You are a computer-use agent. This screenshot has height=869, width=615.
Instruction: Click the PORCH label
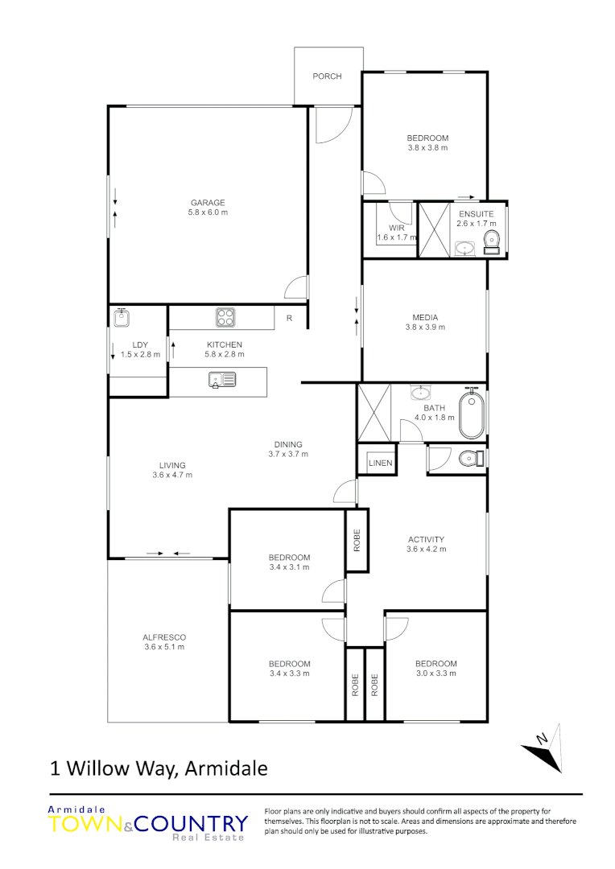pos(327,76)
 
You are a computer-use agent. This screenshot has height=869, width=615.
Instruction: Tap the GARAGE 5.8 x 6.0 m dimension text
pos(208,213)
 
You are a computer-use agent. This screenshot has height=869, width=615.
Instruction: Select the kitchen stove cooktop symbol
pos(225,318)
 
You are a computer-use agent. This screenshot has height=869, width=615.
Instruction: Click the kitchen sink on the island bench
pos(221,379)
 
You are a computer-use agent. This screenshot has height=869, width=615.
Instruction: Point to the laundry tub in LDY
pos(123,318)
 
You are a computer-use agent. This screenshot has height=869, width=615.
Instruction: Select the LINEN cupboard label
pos(380,463)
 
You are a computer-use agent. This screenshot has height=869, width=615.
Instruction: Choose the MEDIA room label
pos(425,317)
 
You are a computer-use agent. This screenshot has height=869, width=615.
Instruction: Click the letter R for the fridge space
pos(289,319)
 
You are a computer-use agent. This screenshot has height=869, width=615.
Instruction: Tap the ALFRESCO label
pos(164,637)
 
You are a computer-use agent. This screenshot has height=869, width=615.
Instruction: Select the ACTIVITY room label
pos(426,540)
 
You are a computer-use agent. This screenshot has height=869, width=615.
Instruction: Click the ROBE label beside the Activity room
pos(357,541)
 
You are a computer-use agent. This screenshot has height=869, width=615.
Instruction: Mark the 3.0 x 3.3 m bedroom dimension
pos(435,673)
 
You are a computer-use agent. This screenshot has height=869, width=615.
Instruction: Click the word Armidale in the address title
pos(226,768)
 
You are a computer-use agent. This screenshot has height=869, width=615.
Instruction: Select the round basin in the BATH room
pos(420,393)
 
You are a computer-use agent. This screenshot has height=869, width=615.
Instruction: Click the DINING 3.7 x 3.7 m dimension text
pos(288,454)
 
